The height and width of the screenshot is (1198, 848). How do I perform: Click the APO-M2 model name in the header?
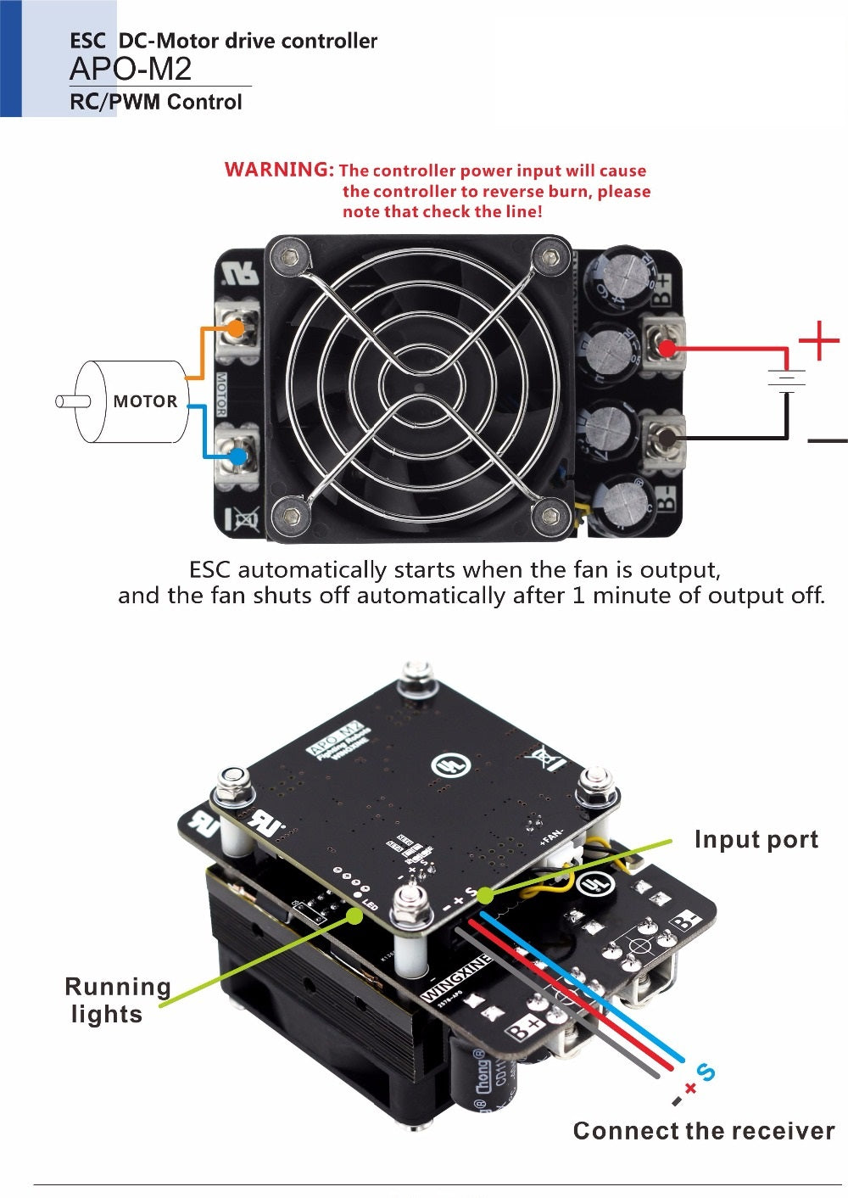point(131,69)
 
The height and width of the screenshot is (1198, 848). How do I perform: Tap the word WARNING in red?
point(279,169)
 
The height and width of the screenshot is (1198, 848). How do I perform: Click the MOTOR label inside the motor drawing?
point(145,401)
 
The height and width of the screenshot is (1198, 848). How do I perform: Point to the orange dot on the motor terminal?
point(237,327)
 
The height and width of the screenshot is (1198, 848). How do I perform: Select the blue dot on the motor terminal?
point(238,456)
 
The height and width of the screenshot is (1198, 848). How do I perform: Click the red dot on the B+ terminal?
point(667,348)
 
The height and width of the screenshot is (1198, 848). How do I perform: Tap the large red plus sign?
point(818,341)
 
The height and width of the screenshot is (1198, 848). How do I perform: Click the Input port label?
point(756,839)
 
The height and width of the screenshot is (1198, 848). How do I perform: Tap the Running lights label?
point(118,1000)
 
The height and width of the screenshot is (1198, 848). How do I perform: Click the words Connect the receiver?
point(703,1131)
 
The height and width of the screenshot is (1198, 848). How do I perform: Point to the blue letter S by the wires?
point(706,1072)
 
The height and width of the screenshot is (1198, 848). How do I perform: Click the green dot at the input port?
point(485,895)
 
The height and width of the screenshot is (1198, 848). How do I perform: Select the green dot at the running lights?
point(355,915)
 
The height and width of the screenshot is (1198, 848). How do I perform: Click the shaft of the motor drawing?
point(67,400)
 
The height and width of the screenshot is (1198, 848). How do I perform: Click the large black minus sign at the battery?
point(827,440)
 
